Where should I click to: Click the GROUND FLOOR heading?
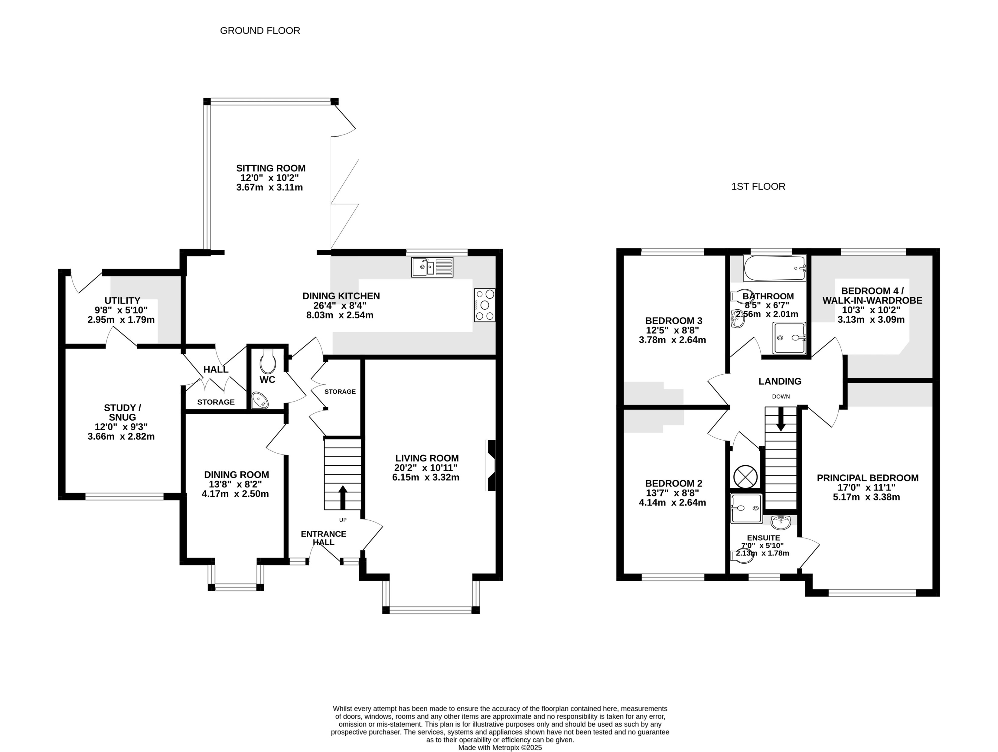[260, 31]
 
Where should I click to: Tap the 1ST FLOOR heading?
[758, 186]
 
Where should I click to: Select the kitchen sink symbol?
[432, 267]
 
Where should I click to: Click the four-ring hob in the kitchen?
[484, 305]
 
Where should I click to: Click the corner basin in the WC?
[259, 400]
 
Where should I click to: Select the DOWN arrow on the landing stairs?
[781, 419]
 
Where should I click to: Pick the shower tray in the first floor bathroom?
[790, 337]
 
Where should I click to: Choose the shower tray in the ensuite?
[746, 508]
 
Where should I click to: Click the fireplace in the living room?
[491, 465]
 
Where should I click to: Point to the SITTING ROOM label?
[271, 168]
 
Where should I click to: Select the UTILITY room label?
[122, 301]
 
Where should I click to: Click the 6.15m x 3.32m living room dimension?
[426, 477]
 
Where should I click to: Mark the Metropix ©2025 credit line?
[500, 747]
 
